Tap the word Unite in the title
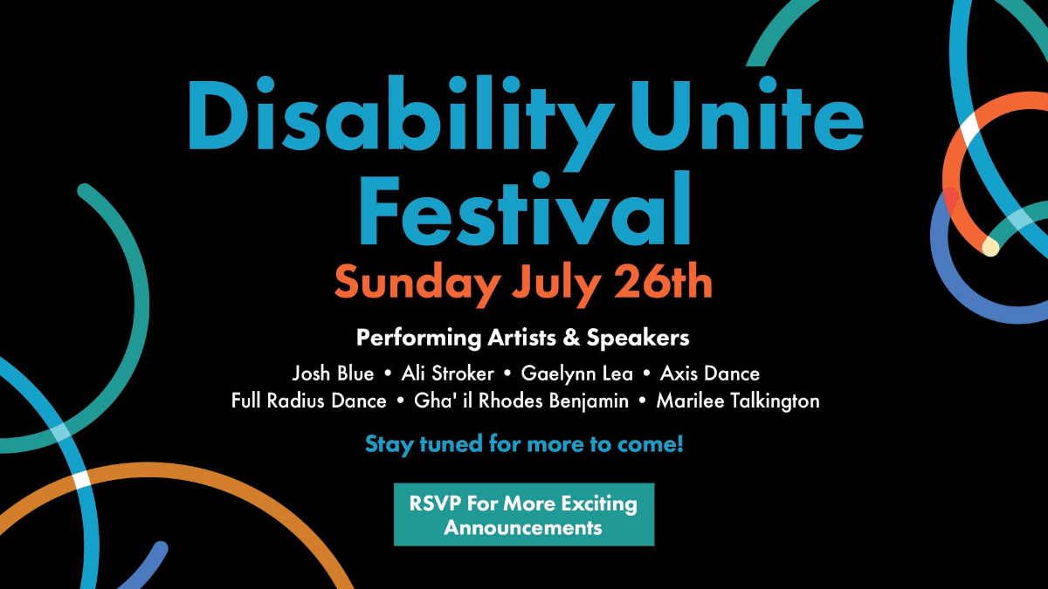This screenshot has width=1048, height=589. tap(748, 113)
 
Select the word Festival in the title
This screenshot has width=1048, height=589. tap(525, 208)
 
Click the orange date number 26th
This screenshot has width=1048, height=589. tap(663, 281)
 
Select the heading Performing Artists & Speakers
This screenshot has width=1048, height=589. tap(522, 338)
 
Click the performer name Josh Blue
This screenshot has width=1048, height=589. tap(333, 374)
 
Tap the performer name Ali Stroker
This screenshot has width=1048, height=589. tap(447, 373)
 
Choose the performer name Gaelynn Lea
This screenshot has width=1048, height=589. tap(577, 374)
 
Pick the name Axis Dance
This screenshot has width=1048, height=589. tap(710, 373)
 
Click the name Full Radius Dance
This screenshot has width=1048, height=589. tap(309, 401)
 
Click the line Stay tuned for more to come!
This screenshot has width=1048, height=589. tap(524, 444)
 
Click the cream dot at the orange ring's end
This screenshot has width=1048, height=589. tap(990, 246)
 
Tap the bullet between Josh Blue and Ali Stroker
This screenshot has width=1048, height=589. tap(388, 374)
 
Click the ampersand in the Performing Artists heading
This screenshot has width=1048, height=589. tap(571, 338)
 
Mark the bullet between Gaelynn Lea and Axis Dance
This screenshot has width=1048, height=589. tap(646, 374)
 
